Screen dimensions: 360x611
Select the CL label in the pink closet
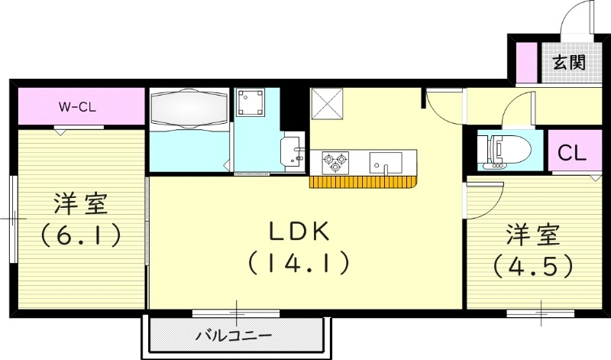(571, 152)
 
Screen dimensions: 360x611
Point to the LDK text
(299, 230)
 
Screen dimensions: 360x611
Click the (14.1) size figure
(299, 264)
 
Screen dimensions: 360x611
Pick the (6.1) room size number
(80, 235)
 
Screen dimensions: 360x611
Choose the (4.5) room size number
(532, 265)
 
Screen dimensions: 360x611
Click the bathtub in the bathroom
(189, 108)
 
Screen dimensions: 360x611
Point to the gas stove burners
(334, 161)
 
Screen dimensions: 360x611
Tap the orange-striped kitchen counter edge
(365, 182)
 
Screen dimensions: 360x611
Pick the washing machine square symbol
(251, 102)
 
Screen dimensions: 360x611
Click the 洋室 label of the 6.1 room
(80, 205)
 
